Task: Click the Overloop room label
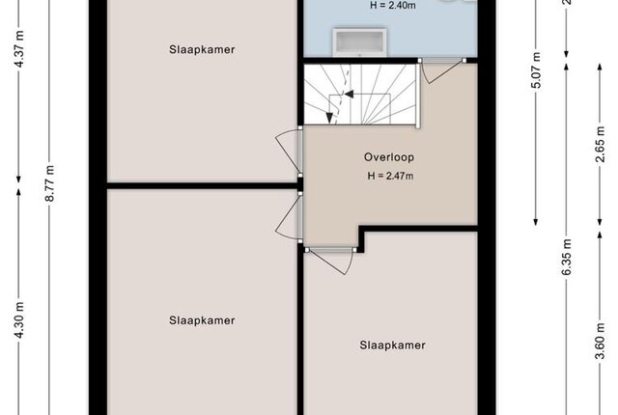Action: (x=389, y=157)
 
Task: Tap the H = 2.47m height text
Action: (x=390, y=176)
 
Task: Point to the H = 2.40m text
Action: (x=393, y=6)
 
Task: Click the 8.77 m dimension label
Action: (x=49, y=183)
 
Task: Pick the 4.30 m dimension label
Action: (x=19, y=320)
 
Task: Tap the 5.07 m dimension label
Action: (x=536, y=69)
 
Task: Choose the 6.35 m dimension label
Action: (x=567, y=258)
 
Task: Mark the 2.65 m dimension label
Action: (x=600, y=144)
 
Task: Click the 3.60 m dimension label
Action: (x=600, y=341)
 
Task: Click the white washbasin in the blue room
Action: (x=359, y=41)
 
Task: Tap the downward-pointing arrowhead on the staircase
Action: (x=329, y=118)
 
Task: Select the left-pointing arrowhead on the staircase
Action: (x=350, y=95)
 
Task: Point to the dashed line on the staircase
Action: (x=343, y=95)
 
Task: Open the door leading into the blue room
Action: (x=441, y=70)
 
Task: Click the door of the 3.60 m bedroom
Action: (x=331, y=260)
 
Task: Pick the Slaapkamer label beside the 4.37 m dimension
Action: (x=202, y=49)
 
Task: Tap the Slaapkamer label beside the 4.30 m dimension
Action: (x=202, y=320)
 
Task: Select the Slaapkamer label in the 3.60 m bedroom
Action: (x=393, y=346)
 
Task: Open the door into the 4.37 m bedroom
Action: (x=289, y=152)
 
